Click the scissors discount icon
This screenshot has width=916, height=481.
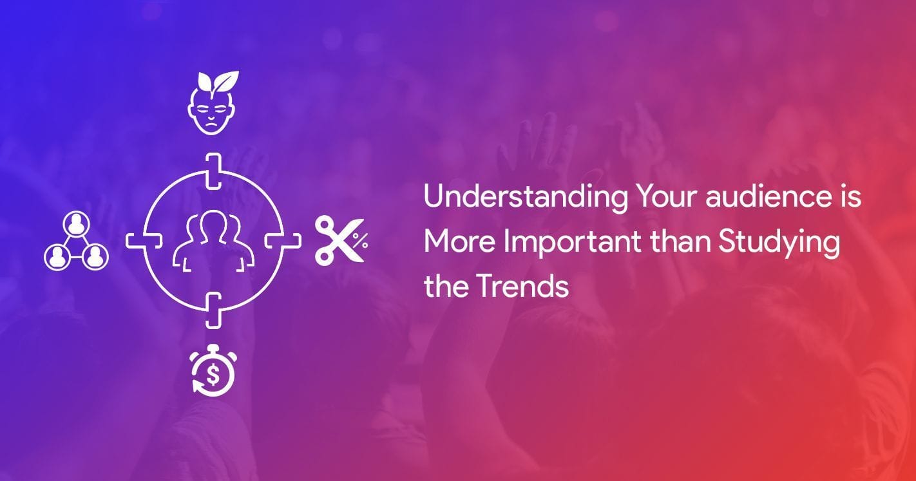341,241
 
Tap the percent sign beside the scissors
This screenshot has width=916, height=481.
360,241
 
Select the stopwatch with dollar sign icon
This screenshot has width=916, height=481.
213,371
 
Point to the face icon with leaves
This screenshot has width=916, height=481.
213,102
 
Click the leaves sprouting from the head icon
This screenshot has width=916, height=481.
217,82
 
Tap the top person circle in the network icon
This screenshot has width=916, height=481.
77,223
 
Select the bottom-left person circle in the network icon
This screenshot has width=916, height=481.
57,257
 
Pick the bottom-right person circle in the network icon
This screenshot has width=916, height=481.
95,257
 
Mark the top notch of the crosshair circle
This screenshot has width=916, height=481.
213,171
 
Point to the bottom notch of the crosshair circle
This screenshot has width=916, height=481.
213,311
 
